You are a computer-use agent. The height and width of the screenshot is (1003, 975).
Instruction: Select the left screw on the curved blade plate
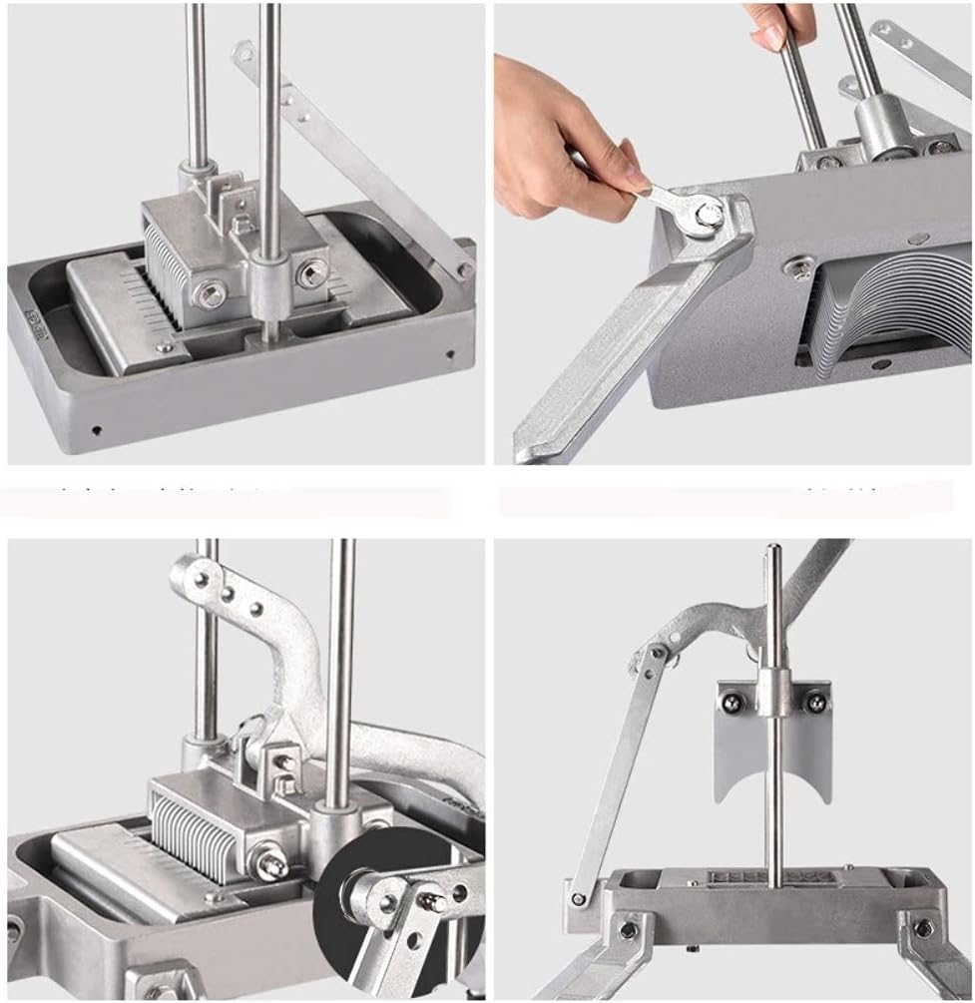click(732, 703)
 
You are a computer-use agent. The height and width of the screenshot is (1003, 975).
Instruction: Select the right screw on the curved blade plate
click(815, 703)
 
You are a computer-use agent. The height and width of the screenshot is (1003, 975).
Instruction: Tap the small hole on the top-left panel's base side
click(96, 430)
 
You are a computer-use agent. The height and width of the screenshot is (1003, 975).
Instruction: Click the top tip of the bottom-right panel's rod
click(772, 549)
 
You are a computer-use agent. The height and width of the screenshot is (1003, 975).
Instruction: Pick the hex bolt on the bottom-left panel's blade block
click(270, 864)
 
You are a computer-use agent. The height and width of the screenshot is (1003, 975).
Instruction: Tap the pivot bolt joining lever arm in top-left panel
click(464, 269)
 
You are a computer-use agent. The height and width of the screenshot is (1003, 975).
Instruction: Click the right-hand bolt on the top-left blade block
click(312, 270)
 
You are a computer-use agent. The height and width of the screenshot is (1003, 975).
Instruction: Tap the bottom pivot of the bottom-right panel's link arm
click(578, 898)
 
